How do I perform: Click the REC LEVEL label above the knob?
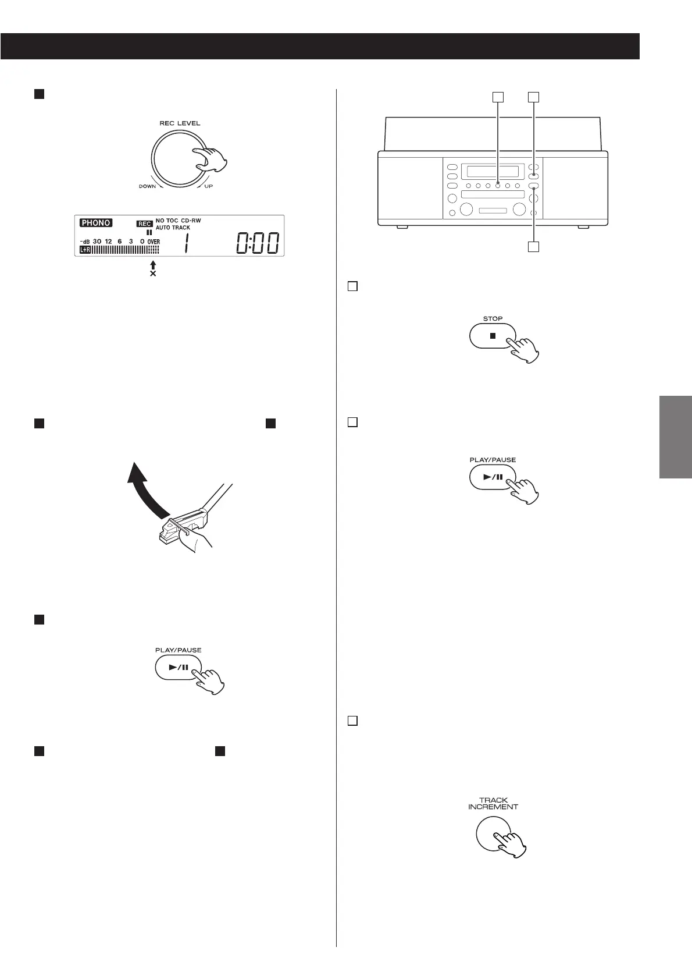pos(180,123)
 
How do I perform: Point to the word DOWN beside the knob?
pos(147,187)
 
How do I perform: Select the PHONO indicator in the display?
pos(97,223)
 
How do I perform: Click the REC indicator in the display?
pos(144,224)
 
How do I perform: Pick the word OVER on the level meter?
pos(153,242)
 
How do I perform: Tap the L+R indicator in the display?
pos(85,250)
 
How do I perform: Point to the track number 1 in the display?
pos(186,243)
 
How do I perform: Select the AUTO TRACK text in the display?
pos(173,228)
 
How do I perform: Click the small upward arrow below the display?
pos(153,265)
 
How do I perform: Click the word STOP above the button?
pos(493,319)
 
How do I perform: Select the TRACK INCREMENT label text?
pos(493,803)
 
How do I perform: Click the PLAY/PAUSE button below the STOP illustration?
pos(492,477)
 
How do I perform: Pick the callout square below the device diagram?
pos(533,247)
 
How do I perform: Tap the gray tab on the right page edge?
pos(676,437)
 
